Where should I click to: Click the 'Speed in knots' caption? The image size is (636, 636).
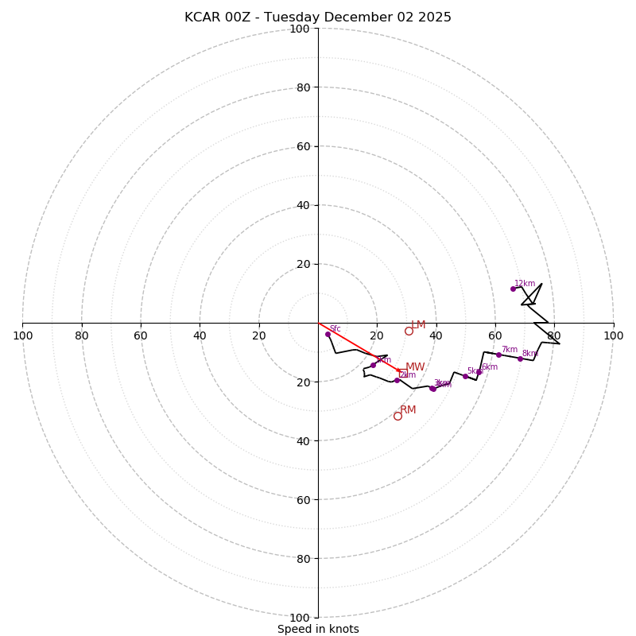pyautogui.click(x=318, y=629)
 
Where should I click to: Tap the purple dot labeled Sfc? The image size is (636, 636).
pyautogui.click(x=328, y=334)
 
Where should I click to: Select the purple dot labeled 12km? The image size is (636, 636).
pyautogui.click(x=513, y=289)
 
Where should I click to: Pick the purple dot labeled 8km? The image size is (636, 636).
pyautogui.click(x=520, y=359)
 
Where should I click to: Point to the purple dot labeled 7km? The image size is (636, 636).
pyautogui.click(x=498, y=355)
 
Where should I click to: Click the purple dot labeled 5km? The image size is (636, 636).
pyautogui.click(x=465, y=376)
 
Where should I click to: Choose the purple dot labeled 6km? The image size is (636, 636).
pyautogui.click(x=479, y=372)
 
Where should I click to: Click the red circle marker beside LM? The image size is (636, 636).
pyautogui.click(x=409, y=331)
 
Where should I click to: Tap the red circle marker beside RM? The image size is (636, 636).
pyautogui.click(x=397, y=416)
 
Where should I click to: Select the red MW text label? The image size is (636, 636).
pyautogui.click(x=415, y=367)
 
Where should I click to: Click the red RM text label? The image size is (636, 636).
pyautogui.click(x=408, y=410)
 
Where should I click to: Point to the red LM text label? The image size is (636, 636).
pyautogui.click(x=418, y=325)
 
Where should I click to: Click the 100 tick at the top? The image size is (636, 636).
pyautogui.click(x=300, y=29)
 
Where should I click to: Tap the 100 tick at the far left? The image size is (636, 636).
pyautogui.click(x=22, y=336)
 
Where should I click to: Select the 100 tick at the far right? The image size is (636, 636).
pyautogui.click(x=614, y=336)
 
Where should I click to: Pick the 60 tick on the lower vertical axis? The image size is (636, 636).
pyautogui.click(x=304, y=499)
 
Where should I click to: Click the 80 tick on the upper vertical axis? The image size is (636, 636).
pyautogui.click(x=304, y=87)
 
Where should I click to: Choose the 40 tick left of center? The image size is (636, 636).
pyautogui.click(x=200, y=336)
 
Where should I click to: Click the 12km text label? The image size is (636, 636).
pyautogui.click(x=525, y=284)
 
